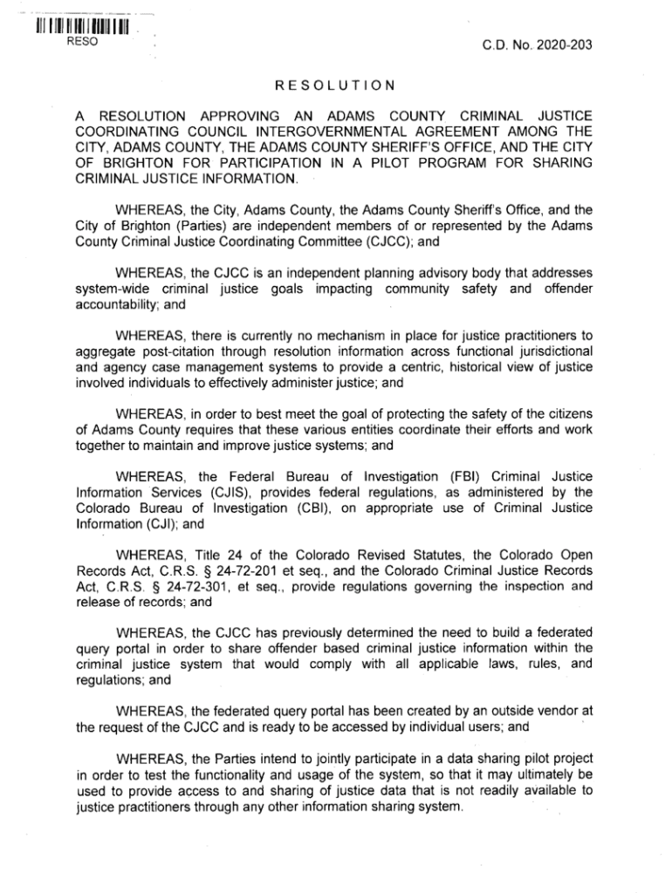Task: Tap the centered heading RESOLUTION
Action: [336, 85]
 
